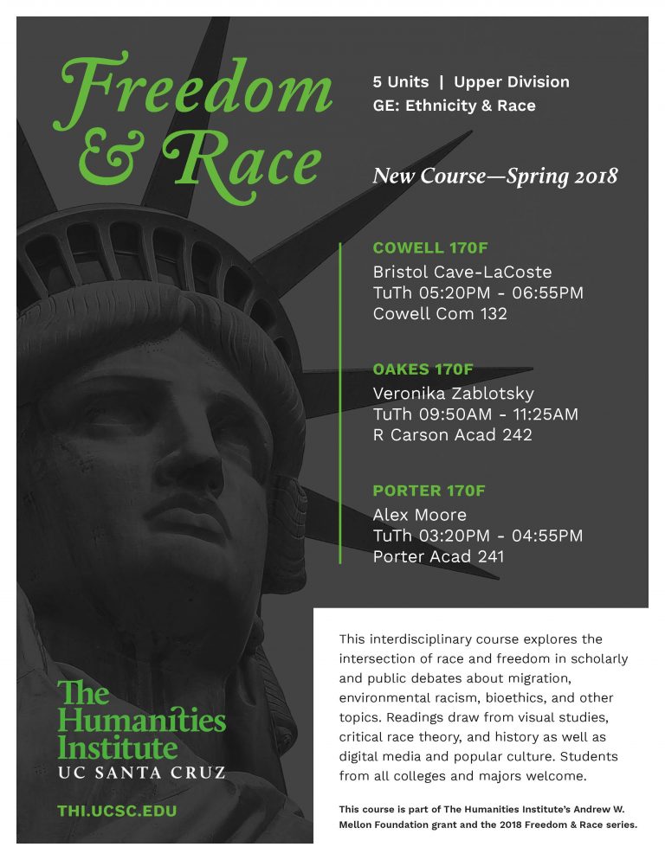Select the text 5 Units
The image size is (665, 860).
(400, 82)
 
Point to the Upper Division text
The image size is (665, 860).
(512, 82)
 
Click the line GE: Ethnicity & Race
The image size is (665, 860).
(454, 106)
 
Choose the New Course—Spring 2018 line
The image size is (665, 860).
(494, 176)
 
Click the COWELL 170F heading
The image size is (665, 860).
(430, 248)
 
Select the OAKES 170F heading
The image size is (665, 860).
(423, 369)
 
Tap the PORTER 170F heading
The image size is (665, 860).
(429, 491)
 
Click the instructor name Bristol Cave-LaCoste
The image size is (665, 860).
(462, 272)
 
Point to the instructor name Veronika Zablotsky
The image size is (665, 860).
(453, 393)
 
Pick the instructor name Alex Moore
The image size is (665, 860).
(419, 515)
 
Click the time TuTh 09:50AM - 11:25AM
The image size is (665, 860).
(475, 414)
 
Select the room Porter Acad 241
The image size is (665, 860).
(438, 556)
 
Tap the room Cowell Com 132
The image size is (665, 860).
(440, 313)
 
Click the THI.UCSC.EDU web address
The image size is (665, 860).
(117, 811)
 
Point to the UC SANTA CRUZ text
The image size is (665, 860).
(141, 771)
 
